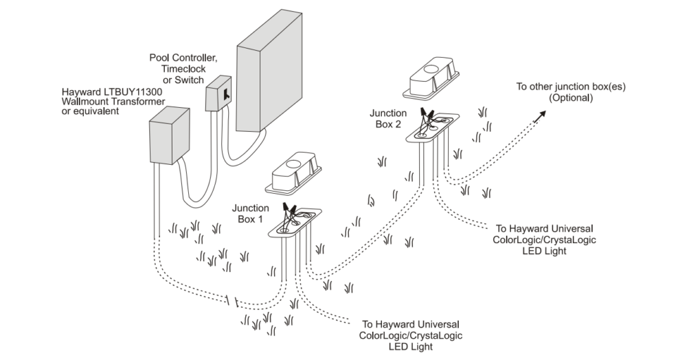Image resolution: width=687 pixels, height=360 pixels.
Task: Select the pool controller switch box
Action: tap(222, 93)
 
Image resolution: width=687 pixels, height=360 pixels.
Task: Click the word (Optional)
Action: tap(571, 98)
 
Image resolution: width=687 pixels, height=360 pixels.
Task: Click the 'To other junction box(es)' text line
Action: tap(571, 87)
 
